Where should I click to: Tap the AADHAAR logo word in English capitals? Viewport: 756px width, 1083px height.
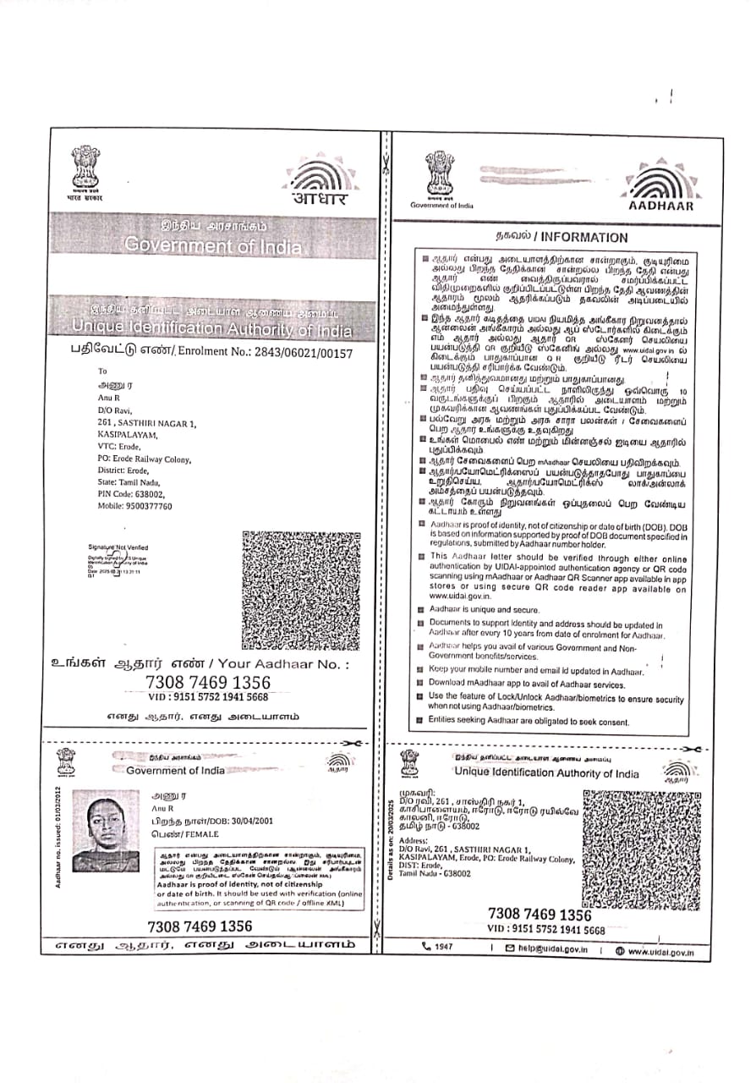[661, 206]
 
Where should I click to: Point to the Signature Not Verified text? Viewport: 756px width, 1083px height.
[118, 547]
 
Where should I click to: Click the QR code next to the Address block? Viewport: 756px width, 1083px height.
[641, 849]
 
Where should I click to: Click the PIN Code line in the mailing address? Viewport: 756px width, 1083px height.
[131, 493]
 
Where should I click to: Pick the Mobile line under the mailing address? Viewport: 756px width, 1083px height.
[134, 506]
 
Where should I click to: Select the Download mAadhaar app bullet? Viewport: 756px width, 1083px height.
[526, 683]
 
